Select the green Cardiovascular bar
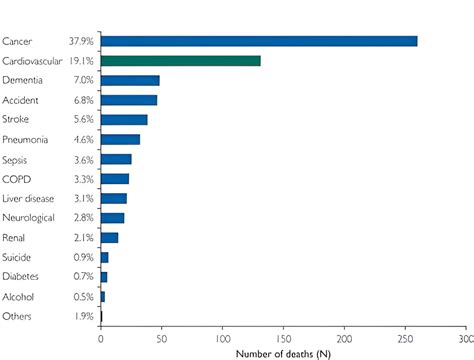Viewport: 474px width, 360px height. click(x=180, y=60)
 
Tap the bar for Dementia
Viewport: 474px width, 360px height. click(x=130, y=80)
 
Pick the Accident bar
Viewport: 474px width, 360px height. click(x=128, y=100)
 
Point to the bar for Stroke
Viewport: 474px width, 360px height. click(x=124, y=120)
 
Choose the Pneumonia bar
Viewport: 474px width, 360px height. click(x=120, y=139)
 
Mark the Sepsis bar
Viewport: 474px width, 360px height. click(x=116, y=159)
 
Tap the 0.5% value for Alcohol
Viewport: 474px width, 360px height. click(x=83, y=297)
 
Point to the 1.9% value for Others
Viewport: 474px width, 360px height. click(x=83, y=317)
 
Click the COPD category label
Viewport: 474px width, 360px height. click(x=16, y=179)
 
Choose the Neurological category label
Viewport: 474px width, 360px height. click(x=27, y=218)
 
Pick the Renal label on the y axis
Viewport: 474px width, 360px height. click(x=15, y=238)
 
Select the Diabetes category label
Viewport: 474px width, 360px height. click(x=21, y=277)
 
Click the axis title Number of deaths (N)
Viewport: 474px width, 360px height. click(x=283, y=352)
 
